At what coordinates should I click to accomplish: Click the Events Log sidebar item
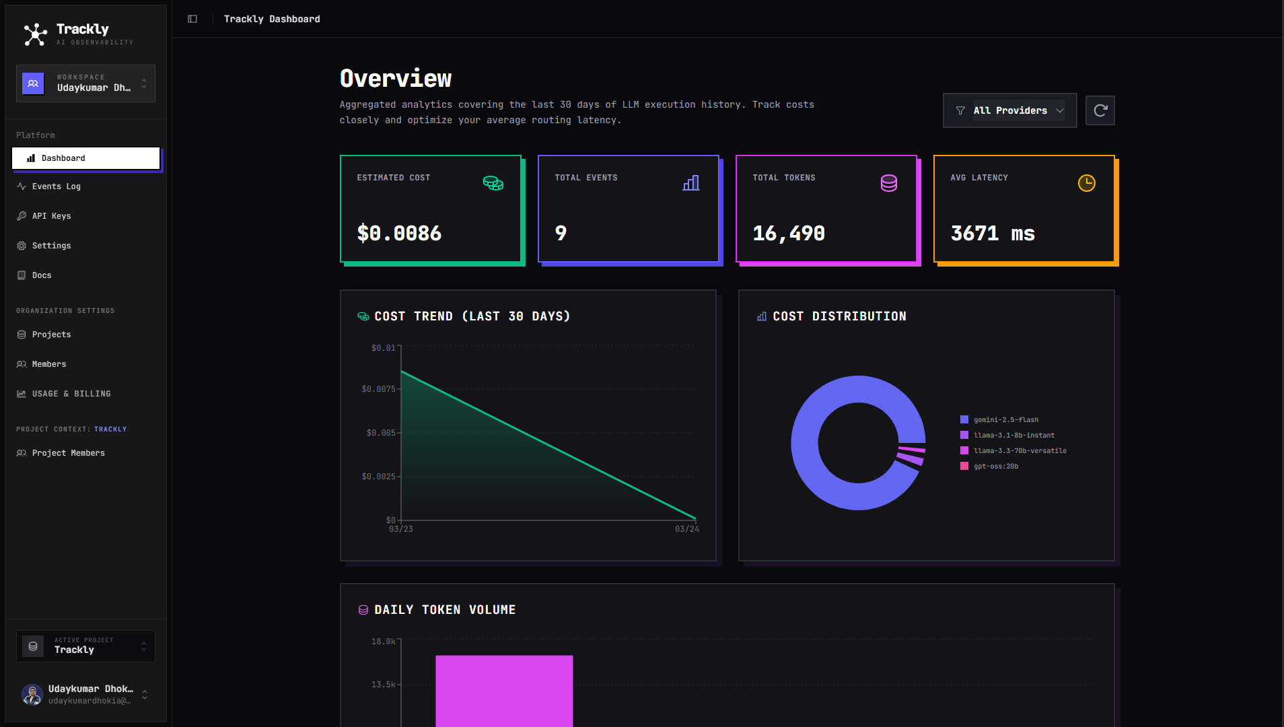56,186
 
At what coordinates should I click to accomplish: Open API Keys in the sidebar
51,216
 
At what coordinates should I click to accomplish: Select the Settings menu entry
51,246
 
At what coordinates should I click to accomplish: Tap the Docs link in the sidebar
42,275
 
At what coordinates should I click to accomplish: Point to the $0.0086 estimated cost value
399,234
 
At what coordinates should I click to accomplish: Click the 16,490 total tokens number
789,234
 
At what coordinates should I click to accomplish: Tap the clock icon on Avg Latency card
1086,183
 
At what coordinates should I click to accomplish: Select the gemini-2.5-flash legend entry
1005,420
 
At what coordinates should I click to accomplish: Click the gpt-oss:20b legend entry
995,466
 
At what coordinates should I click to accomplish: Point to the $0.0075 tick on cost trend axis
378,389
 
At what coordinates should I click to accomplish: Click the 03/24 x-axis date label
686,529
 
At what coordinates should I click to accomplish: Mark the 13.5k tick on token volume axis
383,685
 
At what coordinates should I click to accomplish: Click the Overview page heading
396,79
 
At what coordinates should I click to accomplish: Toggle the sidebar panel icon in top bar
192,19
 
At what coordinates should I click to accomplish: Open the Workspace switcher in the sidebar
85,83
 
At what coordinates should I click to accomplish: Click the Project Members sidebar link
68,453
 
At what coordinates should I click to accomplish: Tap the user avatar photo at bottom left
32,694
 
